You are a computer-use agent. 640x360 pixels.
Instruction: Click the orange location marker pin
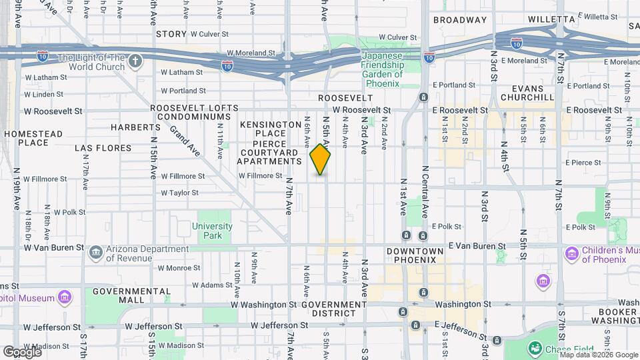321,159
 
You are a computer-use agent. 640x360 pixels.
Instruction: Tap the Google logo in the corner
21,352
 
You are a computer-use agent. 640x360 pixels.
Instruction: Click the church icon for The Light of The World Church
135,62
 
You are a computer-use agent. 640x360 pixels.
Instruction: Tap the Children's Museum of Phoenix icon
571,253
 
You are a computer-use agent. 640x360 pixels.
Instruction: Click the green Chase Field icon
534,347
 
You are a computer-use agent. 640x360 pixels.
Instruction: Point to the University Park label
212,231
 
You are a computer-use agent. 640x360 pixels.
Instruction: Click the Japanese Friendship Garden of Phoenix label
382,65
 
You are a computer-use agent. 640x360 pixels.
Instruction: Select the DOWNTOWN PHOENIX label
415,255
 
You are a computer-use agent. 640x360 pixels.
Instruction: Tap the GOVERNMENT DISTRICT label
334,309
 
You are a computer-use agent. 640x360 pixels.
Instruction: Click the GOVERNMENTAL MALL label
132,296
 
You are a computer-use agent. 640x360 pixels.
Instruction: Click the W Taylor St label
179,193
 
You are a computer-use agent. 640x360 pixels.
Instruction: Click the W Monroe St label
178,268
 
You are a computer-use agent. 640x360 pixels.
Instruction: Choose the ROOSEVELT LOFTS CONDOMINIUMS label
194,113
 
